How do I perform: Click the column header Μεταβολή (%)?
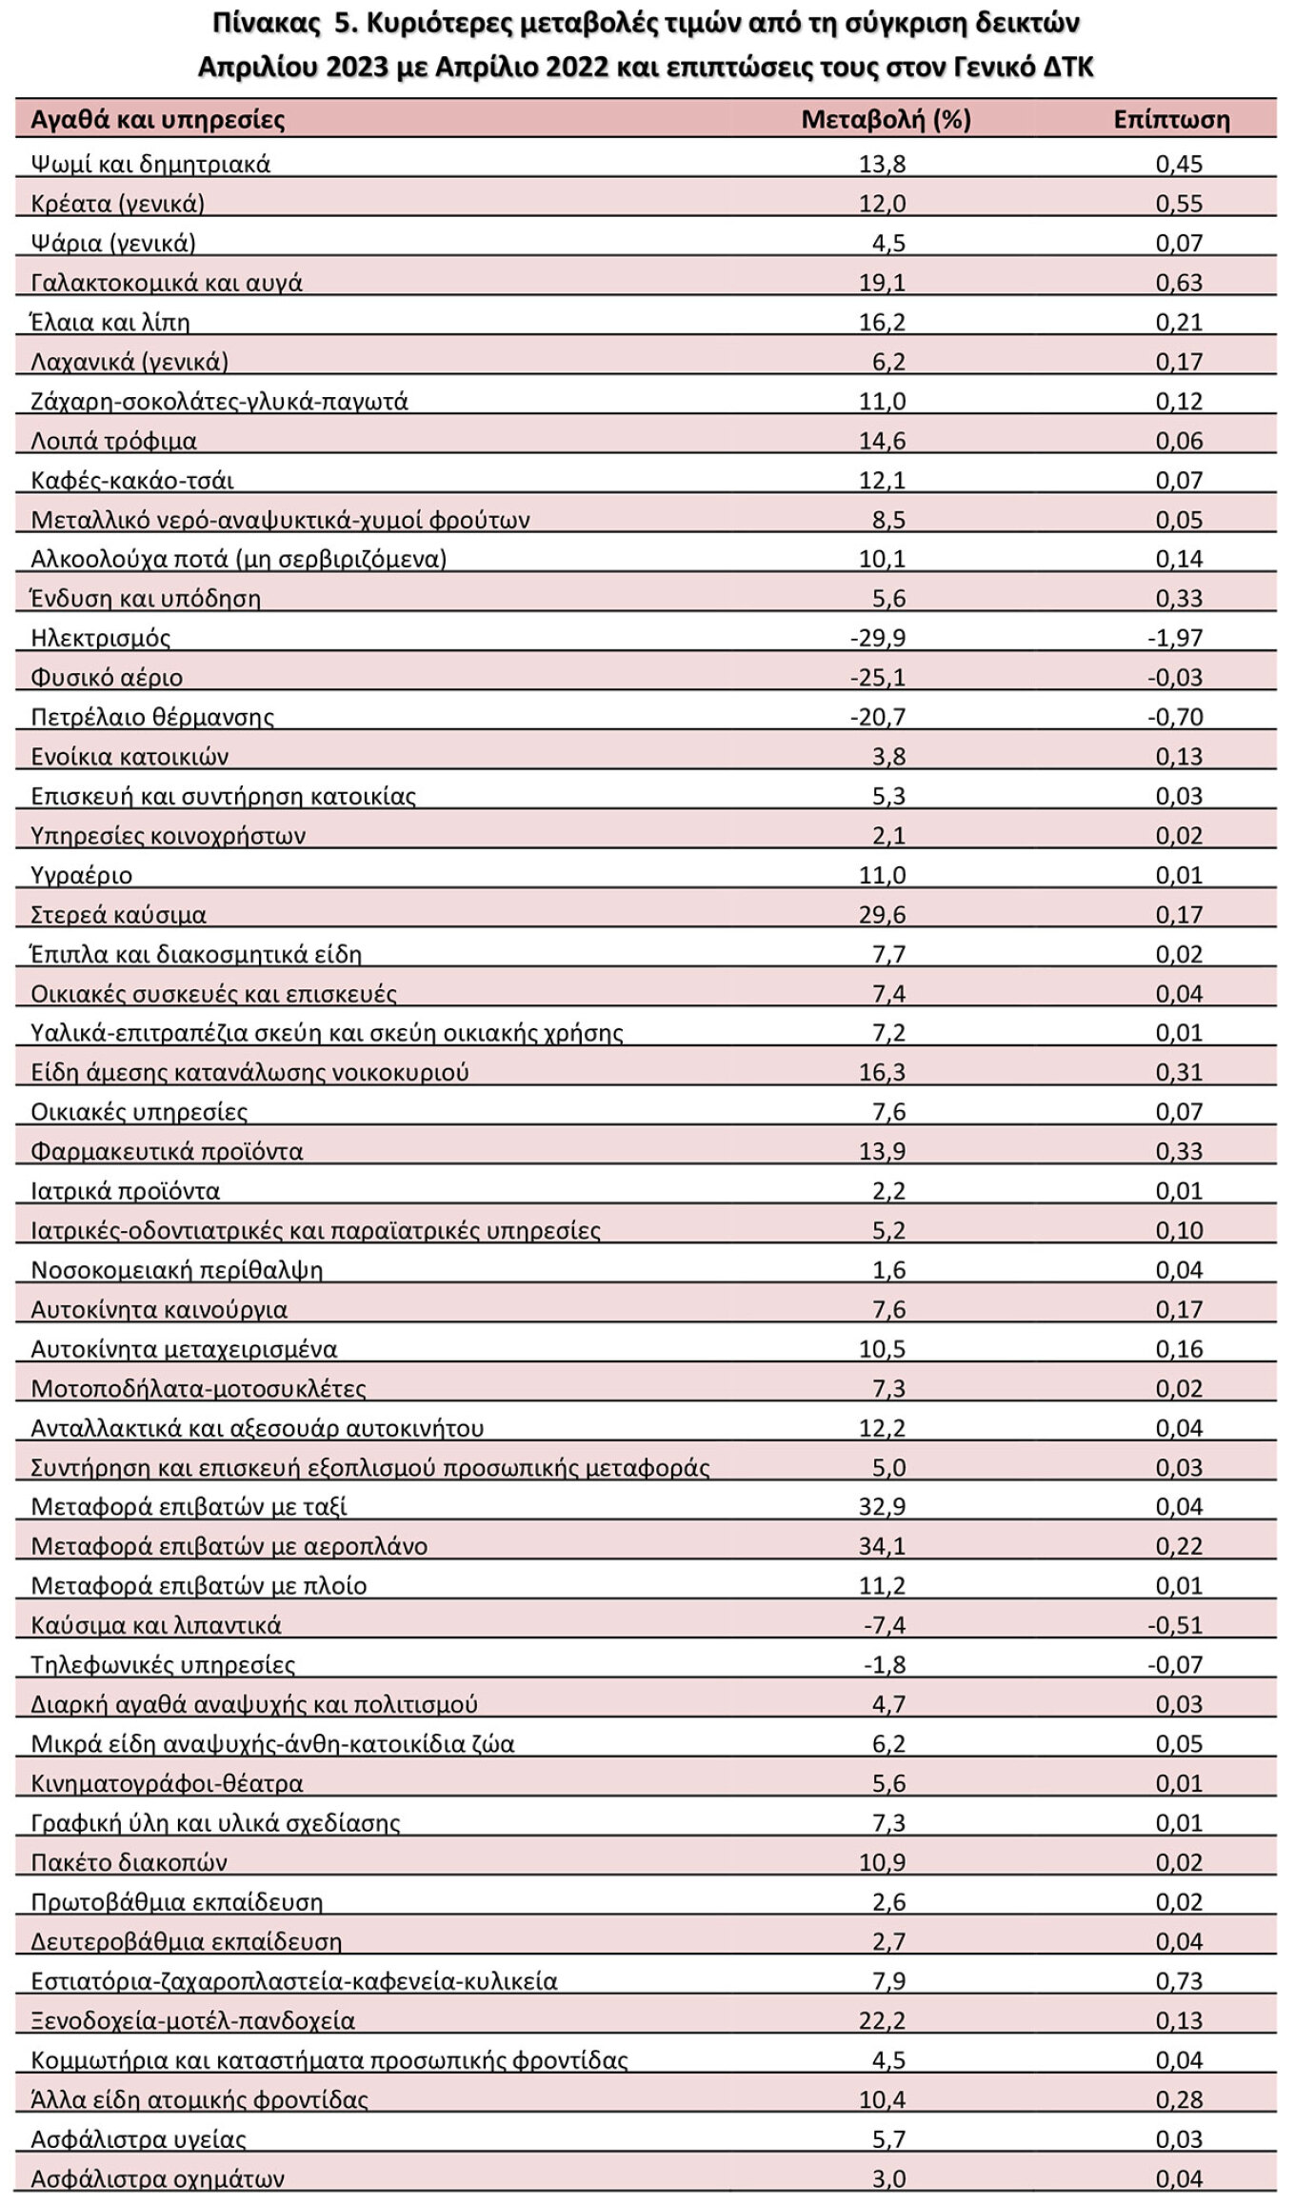click(886, 119)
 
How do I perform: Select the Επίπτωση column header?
click(1171, 119)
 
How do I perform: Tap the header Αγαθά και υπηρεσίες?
click(158, 120)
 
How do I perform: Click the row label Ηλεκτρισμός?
click(101, 638)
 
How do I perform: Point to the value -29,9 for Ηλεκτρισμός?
click(878, 638)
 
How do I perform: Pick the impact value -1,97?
click(1175, 638)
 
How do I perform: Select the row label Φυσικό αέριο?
click(107, 678)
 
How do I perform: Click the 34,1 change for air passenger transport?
click(883, 1546)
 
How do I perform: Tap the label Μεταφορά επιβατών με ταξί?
click(189, 1507)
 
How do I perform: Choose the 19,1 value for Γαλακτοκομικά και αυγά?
click(883, 283)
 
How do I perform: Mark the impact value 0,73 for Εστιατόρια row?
click(1180, 1981)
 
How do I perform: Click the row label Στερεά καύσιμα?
click(119, 915)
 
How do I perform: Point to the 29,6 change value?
click(883, 915)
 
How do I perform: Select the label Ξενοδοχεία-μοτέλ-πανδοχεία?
click(193, 2021)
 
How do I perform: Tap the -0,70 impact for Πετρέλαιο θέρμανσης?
click(1175, 717)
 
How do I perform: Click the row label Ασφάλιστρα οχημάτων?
click(158, 2179)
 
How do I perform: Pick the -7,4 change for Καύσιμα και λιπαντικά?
click(885, 1625)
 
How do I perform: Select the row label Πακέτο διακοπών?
click(129, 1862)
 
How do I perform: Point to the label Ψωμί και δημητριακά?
click(150, 164)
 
